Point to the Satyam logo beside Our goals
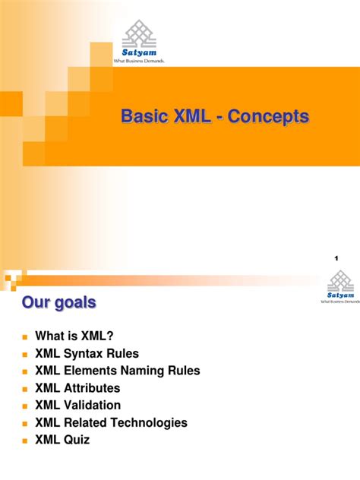(x=339, y=287)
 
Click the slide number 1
(x=336, y=260)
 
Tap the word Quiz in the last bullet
(x=77, y=440)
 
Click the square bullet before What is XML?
(x=24, y=337)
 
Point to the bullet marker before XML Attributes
(x=24, y=389)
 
